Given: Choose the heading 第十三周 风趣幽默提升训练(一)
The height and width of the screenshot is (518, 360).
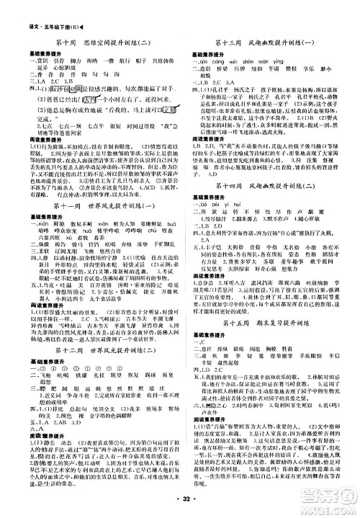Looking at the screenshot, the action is [262, 43].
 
